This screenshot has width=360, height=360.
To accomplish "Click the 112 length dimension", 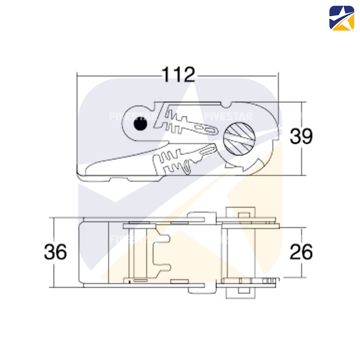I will pos(178,75).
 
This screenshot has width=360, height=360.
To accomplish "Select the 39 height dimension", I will pos(302,136).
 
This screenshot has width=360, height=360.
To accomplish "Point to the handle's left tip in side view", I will pos(81,173).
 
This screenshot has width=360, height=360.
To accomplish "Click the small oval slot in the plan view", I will pos(140,280).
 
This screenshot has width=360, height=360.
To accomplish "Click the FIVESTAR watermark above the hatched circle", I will pos(228,116).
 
